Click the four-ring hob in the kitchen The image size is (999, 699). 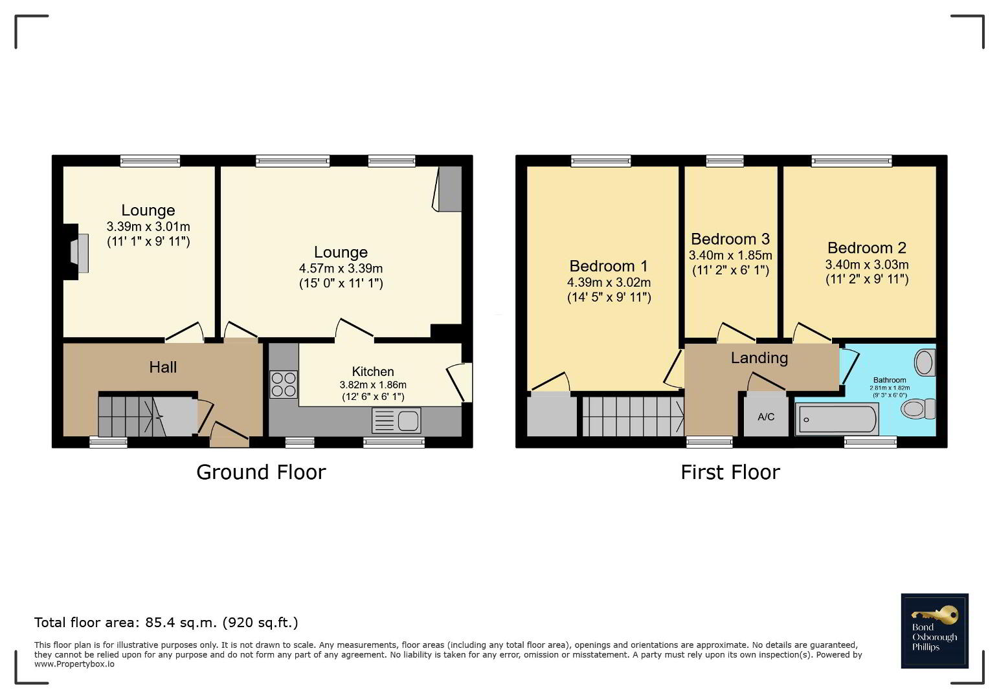tap(283, 384)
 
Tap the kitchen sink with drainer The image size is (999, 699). tap(396, 421)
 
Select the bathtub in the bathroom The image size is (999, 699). tap(836, 419)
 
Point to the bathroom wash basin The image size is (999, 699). tap(925, 362)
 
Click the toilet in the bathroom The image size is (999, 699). tap(918, 408)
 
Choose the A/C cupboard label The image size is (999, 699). tap(766, 417)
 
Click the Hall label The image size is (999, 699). tap(163, 368)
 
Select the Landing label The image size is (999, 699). tap(759, 358)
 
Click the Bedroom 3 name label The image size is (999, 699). tap(730, 239)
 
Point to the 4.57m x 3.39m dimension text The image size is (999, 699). tap(341, 269)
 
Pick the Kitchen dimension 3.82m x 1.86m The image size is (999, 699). tap(373, 384)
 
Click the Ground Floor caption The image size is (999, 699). tap(261, 472)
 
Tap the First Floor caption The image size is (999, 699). tap(730, 472)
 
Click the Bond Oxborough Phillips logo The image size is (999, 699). tap(934, 631)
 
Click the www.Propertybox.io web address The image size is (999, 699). tap(74, 664)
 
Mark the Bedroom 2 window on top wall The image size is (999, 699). tap(851, 161)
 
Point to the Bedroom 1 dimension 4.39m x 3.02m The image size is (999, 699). tap(609, 283)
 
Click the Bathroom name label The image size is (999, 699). tap(890, 381)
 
